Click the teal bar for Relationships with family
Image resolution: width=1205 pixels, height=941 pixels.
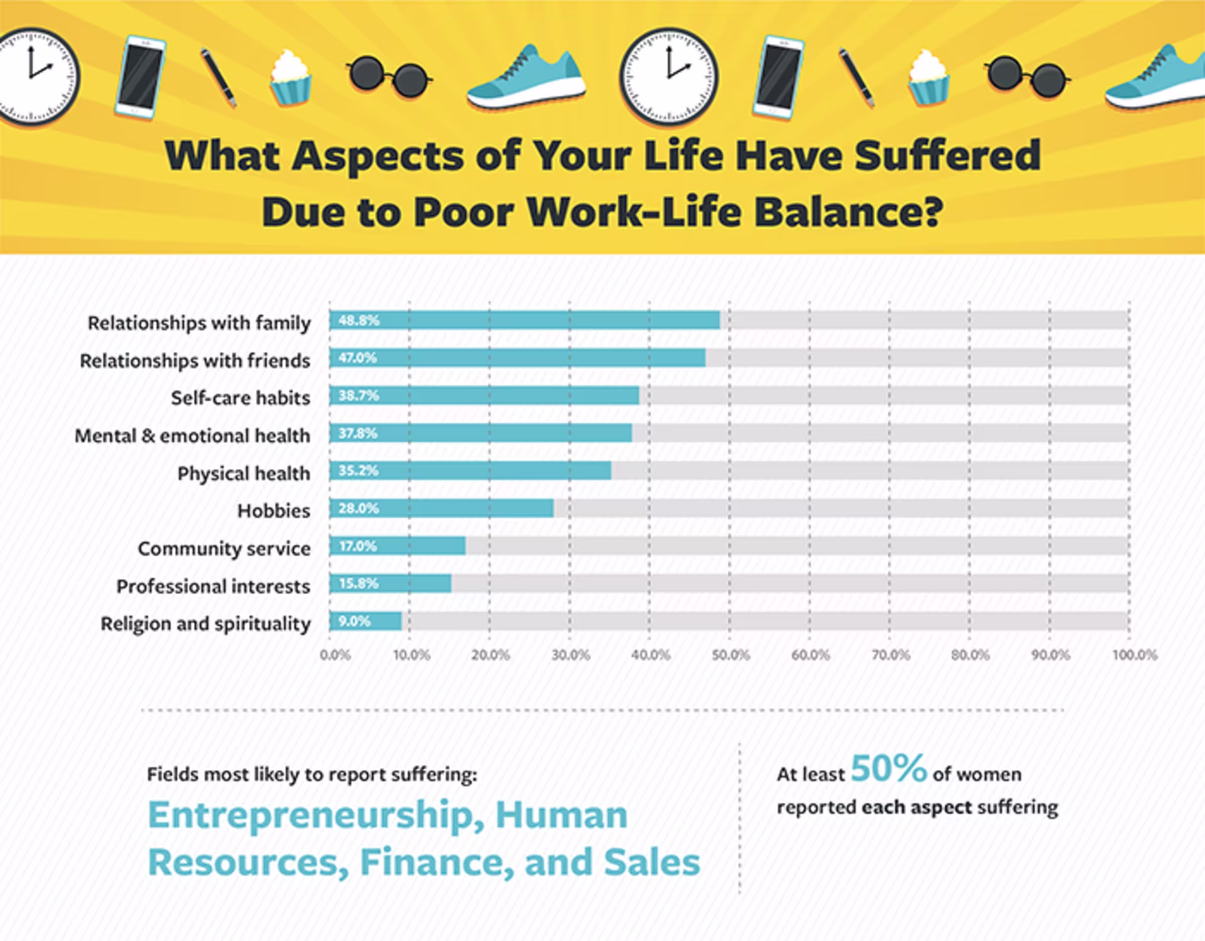pyautogui.click(x=525, y=321)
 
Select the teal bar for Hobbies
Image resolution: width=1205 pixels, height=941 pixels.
pyautogui.click(x=442, y=508)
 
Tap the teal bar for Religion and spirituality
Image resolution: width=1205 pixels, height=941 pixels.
pyautogui.click(x=365, y=621)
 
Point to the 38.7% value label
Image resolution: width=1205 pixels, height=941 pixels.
pyautogui.click(x=358, y=396)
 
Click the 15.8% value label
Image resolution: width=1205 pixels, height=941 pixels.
pyautogui.click(x=358, y=584)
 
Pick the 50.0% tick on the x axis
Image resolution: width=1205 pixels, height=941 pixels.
pyautogui.click(x=731, y=656)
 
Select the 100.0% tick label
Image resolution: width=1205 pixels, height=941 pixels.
pyautogui.click(x=1135, y=656)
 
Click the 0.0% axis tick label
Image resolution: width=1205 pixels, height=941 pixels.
pyautogui.click(x=335, y=656)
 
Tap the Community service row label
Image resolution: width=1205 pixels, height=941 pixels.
pyautogui.click(x=224, y=549)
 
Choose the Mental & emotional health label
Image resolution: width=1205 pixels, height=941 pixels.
pyautogui.click(x=192, y=436)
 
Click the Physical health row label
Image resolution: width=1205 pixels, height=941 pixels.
pyautogui.click(x=244, y=474)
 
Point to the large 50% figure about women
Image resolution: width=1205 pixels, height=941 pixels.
pyautogui.click(x=889, y=768)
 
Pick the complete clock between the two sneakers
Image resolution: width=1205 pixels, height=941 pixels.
pyautogui.click(x=668, y=77)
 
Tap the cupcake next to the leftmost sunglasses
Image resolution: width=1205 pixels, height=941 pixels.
pyautogui.click(x=290, y=78)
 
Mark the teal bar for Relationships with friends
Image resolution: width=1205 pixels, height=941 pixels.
pyautogui.click(x=517, y=358)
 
